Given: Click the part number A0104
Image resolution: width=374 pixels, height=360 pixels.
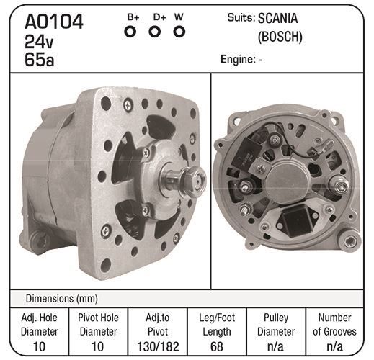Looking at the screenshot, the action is (x=54, y=22).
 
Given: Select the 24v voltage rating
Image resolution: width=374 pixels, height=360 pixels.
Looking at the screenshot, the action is (x=39, y=42).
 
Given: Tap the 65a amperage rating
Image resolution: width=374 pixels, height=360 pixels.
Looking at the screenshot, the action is (x=39, y=59).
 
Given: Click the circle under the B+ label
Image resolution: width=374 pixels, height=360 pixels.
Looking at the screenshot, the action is (x=130, y=32).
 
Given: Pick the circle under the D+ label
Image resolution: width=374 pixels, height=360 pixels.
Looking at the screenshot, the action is (x=155, y=32).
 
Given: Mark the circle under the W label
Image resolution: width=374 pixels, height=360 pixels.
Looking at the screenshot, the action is (x=179, y=32).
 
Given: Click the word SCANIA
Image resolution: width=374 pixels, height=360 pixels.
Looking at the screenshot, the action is (x=277, y=18).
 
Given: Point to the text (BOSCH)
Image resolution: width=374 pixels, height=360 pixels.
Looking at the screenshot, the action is (x=280, y=37).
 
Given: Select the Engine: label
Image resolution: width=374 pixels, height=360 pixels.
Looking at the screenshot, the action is (x=238, y=59).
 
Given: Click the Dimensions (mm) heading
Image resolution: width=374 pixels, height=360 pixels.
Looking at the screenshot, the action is (x=62, y=299).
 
